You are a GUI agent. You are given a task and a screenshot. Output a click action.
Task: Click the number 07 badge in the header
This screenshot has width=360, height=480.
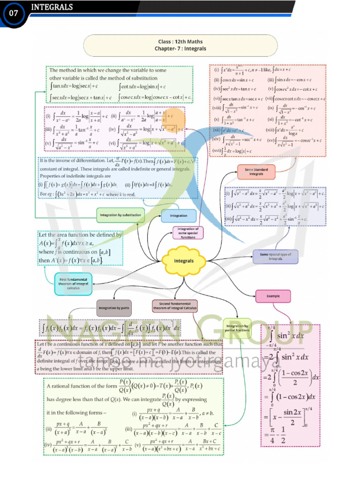[13, 14]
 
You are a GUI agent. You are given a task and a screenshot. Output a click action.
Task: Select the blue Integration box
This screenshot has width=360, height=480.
[179, 216]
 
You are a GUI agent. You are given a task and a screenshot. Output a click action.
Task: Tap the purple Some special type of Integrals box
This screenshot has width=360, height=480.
[275, 256]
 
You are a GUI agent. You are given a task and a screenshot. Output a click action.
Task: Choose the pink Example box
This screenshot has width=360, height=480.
[273, 296]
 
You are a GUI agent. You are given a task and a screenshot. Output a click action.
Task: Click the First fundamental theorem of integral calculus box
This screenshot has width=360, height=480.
[73, 284]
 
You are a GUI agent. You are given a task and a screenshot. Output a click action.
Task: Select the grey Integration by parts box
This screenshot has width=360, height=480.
[114, 308]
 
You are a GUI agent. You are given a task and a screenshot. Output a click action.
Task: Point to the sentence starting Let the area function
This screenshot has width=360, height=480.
[81, 234]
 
